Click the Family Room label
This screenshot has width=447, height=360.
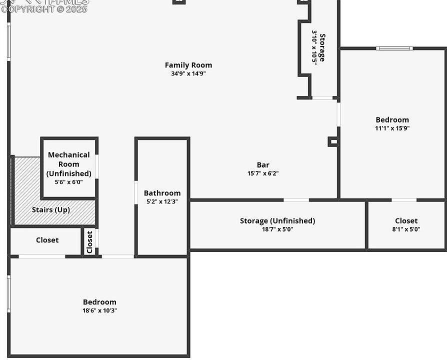click(x=188, y=65)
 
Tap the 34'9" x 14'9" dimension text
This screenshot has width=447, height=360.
click(x=188, y=73)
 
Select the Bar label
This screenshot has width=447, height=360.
click(x=263, y=165)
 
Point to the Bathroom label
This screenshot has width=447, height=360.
click(x=162, y=193)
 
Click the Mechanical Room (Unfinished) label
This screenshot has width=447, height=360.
click(x=69, y=164)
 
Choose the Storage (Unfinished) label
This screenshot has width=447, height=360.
click(x=277, y=221)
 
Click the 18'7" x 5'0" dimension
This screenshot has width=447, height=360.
click(x=277, y=229)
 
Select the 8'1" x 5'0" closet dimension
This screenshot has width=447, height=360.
click(x=406, y=229)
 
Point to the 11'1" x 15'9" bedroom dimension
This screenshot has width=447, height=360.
click(x=392, y=128)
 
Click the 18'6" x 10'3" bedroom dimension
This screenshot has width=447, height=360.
click(x=99, y=310)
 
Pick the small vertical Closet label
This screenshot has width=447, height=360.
click(x=89, y=242)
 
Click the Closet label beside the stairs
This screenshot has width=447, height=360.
click(x=47, y=240)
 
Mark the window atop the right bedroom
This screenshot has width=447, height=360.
click(x=394, y=48)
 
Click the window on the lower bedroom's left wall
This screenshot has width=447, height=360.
click(x=8, y=294)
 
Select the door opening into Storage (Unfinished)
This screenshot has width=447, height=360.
click(x=296, y=200)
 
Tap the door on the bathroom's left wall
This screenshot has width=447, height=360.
click(x=136, y=192)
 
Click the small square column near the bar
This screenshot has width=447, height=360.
click(x=332, y=142)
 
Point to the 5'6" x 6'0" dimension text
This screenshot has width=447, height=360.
click(x=69, y=182)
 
